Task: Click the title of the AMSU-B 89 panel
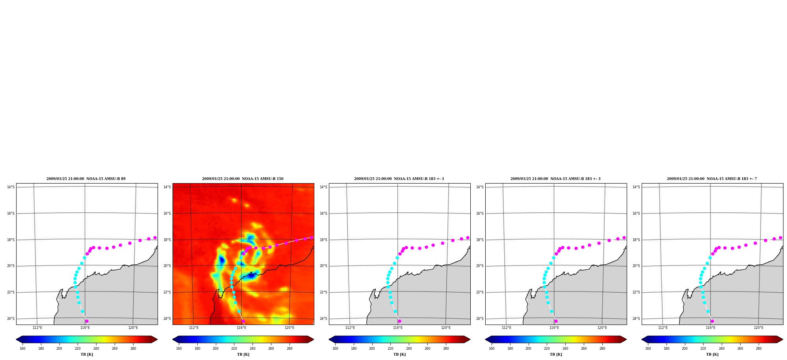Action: pyautogui.click(x=86, y=179)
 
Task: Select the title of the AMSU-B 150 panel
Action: pyautogui.click(x=243, y=179)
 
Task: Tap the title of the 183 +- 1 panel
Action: pyautogui.click(x=399, y=179)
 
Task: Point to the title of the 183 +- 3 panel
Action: pyautogui.click(x=555, y=179)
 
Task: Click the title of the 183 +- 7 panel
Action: pyautogui.click(x=712, y=179)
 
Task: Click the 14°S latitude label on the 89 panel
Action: pyautogui.click(x=11, y=187)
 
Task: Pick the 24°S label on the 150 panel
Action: pyautogui.click(x=167, y=319)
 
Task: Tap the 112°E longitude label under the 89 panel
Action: pyautogui.click(x=37, y=328)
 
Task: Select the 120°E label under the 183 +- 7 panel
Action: pyautogui.click(x=759, y=328)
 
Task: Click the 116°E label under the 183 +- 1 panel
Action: pyautogui.click(x=398, y=328)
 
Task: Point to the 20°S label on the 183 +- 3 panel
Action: pyautogui.click(x=480, y=266)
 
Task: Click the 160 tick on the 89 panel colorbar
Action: pyautogui.click(x=22, y=348)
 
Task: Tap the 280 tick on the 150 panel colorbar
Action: pyautogui.click(x=290, y=348)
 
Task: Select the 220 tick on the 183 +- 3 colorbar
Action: pyautogui.click(x=547, y=348)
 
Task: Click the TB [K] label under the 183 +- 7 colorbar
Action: pyautogui.click(x=712, y=354)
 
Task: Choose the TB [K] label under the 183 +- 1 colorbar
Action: pyautogui.click(x=399, y=354)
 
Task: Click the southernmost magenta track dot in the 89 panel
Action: pyautogui.click(x=87, y=321)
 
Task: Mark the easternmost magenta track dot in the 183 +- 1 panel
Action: pyautogui.click(x=468, y=238)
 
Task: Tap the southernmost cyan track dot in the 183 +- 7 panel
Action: pyautogui.click(x=708, y=311)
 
